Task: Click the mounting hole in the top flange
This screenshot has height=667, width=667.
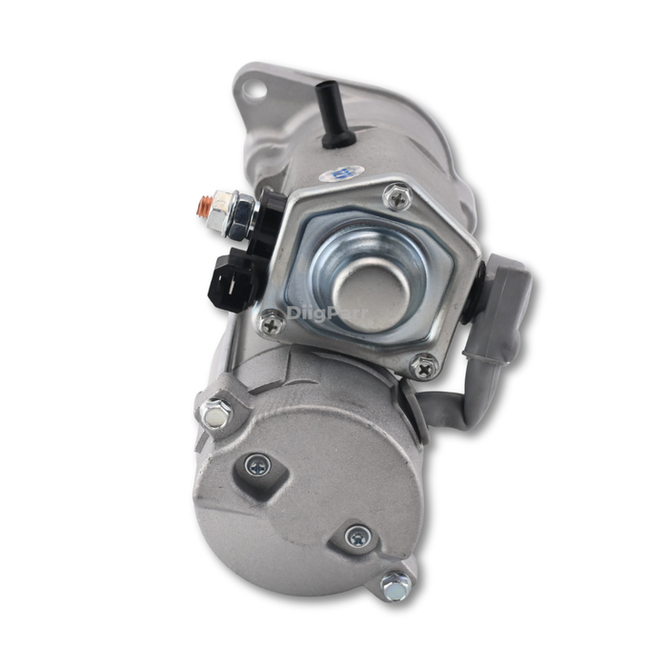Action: point(252,90)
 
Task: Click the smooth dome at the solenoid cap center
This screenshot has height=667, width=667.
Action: point(370,287)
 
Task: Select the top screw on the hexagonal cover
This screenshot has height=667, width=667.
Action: point(395,196)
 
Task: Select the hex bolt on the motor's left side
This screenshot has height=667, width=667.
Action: point(215,413)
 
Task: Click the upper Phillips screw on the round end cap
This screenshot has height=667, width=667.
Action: point(256,466)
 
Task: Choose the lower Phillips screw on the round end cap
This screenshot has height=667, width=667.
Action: point(357,536)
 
